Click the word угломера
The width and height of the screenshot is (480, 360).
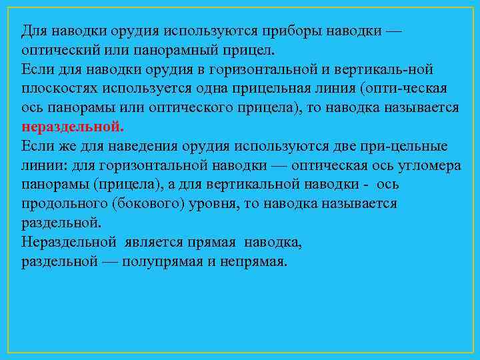click(x=430, y=165)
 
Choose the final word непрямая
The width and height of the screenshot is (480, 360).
click(x=253, y=261)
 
